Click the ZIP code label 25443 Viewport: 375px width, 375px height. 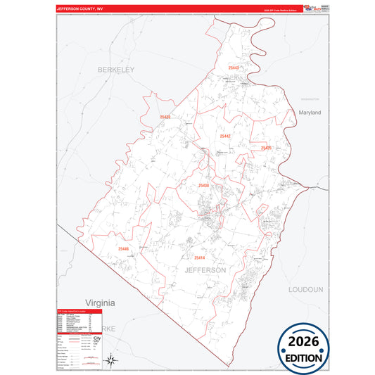[x=234, y=68]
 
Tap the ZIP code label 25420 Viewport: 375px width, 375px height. [x=164, y=117]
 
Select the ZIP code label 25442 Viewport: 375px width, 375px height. [x=225, y=136]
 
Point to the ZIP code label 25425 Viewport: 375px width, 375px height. [x=266, y=148]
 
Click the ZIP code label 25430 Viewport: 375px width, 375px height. [x=203, y=185]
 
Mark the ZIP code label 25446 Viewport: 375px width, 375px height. [x=124, y=249]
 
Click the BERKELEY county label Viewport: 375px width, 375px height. [x=115, y=70]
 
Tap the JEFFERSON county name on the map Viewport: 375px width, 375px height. [x=205, y=270]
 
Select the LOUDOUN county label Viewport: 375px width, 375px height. [x=305, y=289]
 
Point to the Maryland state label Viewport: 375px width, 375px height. [x=310, y=113]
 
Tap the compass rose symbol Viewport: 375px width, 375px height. [x=110, y=361]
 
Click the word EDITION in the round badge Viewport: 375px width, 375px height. [x=303, y=357]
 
